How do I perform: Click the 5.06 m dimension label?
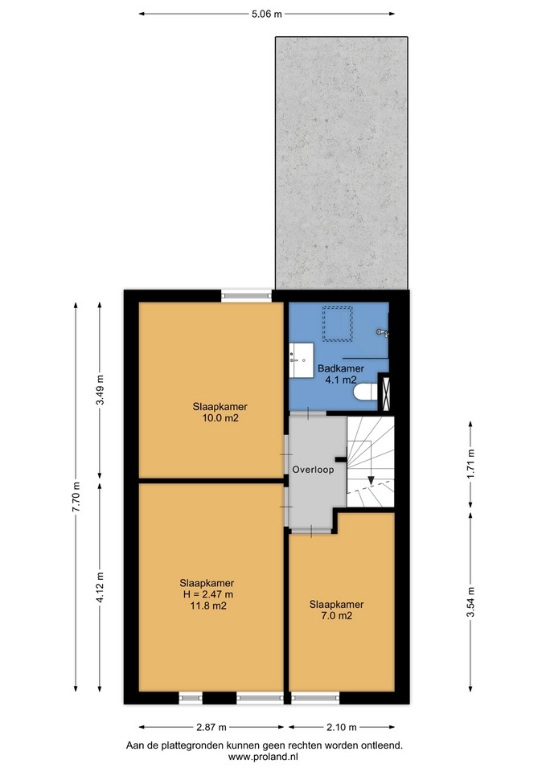266,14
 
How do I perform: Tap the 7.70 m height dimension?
76,496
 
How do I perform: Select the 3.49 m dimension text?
100,390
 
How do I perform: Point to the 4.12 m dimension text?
100,587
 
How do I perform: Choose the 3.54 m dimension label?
471,602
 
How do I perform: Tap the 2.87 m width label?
211,727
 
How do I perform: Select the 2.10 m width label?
342,727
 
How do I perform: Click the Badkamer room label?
341,368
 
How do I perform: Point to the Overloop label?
313,470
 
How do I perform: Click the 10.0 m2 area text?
220,418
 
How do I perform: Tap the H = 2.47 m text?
207,594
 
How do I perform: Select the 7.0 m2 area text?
336,615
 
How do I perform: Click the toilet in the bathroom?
365,393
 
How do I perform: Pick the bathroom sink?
302,360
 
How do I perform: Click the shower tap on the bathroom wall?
383,333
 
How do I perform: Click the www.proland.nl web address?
264,757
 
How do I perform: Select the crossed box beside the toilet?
385,392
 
